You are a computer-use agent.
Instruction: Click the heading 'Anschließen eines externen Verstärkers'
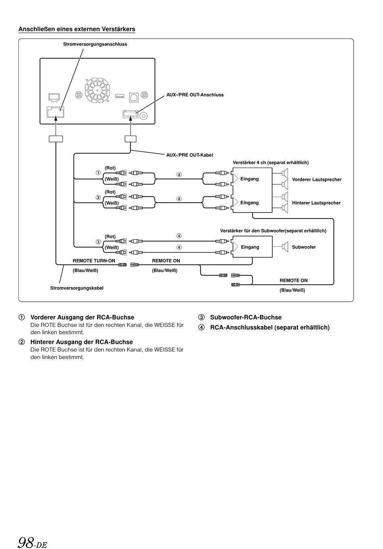pyautogui.click(x=77, y=29)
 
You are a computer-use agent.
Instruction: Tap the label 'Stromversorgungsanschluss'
pyautogui.click(x=95, y=44)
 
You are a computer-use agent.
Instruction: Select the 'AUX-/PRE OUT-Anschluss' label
pyautogui.click(x=195, y=95)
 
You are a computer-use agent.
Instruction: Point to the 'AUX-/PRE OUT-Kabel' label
pyautogui.click(x=189, y=155)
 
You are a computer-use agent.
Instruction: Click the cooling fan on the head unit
pyautogui.click(x=97, y=90)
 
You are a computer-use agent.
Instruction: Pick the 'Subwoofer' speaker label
pyautogui.click(x=304, y=247)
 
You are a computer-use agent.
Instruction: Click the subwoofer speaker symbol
pyautogui.click(x=285, y=246)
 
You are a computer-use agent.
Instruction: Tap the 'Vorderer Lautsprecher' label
pyautogui.click(x=316, y=180)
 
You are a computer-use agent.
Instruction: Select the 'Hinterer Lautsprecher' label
pyautogui.click(x=316, y=203)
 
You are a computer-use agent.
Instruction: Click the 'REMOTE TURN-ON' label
pyautogui.click(x=94, y=261)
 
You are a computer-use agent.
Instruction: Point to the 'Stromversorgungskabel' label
pyautogui.click(x=77, y=288)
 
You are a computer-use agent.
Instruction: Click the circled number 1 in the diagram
pyautogui.click(x=98, y=173)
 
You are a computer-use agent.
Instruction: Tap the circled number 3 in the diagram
pyautogui.click(x=98, y=242)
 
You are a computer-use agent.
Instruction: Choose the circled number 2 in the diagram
pyautogui.click(x=98, y=198)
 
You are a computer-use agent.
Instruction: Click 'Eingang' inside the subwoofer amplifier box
pyautogui.click(x=250, y=247)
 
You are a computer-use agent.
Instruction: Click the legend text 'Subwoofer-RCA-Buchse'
pyautogui.click(x=246, y=317)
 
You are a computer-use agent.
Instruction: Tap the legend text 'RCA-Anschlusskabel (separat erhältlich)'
pyautogui.click(x=270, y=328)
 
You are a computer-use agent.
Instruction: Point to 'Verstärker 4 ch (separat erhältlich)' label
pyautogui.click(x=271, y=163)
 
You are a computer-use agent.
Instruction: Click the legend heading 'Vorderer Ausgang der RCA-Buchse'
pyautogui.click(x=82, y=317)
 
